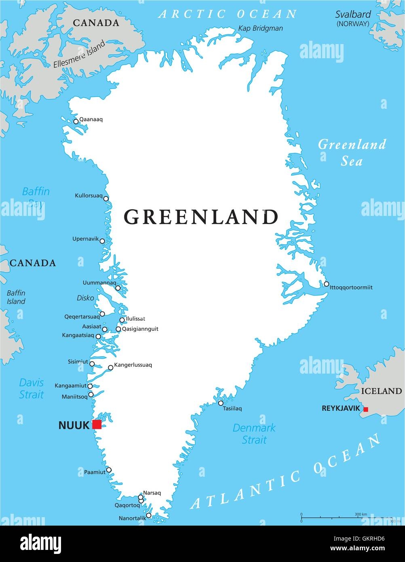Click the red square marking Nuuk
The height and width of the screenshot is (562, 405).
point(97,424)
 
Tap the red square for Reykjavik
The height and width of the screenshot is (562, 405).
point(366,409)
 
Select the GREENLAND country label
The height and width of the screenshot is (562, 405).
point(201,217)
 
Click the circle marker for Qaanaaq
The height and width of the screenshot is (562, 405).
point(76,121)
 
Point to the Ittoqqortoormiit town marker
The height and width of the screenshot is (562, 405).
point(326,284)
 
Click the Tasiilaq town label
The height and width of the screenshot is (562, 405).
point(232,409)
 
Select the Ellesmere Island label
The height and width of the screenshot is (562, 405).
point(79,54)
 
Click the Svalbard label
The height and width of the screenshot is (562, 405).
point(353,15)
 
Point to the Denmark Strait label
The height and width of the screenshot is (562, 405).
point(254,433)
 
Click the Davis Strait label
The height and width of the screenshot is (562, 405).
point(31,388)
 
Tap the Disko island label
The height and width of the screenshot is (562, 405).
point(85,298)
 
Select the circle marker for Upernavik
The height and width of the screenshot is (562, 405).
point(102,241)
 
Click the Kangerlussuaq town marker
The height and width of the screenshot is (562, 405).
point(110,368)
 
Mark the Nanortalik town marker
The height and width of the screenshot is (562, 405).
point(148,516)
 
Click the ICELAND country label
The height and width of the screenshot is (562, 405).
point(381,391)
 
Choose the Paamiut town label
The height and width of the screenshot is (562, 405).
point(95,472)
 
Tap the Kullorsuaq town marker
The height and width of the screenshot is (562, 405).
point(106,199)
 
